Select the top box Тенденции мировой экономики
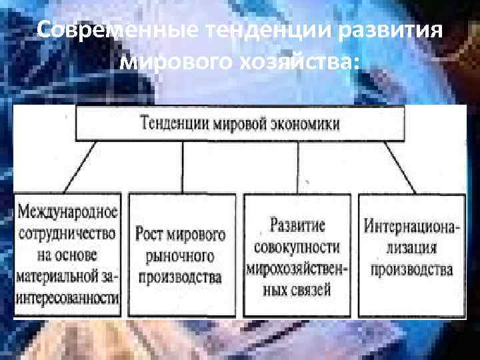point(240,124)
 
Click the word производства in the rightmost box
point(412,270)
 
